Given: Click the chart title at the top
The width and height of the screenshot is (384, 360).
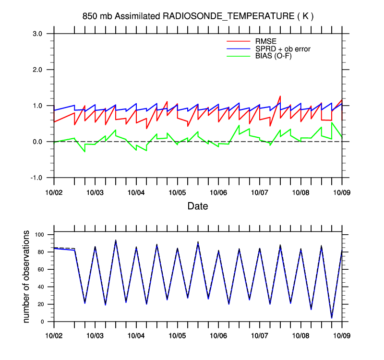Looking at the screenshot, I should click(198, 16).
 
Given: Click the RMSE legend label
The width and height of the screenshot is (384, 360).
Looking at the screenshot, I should click(265, 41).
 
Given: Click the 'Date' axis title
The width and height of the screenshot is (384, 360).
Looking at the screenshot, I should click(198, 206).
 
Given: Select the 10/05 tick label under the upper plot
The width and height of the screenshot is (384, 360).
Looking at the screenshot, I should click(178, 192).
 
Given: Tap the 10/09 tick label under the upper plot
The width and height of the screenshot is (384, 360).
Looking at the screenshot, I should click(342, 192).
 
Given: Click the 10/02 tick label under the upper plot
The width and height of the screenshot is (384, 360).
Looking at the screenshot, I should click(54, 192).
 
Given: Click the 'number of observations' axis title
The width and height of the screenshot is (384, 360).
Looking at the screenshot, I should click(27, 276).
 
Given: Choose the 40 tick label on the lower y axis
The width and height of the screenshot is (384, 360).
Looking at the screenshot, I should click(41, 287).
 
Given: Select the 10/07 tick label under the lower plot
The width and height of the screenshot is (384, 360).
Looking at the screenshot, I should click(260, 335).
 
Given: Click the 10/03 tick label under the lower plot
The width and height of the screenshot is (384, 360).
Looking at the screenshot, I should click(95, 335).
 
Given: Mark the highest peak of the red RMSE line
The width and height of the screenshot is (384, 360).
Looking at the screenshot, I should click(280, 96).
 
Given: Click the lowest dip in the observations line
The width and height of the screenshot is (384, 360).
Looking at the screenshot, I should click(332, 318).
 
